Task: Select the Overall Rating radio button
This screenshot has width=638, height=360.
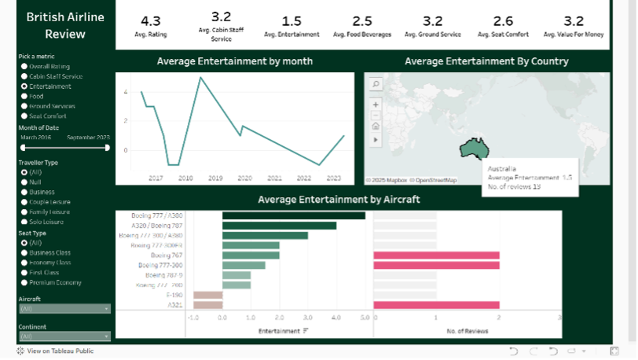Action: [24, 67]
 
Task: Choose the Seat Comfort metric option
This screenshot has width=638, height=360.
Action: [24, 116]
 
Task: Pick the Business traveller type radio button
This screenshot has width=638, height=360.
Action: [24, 192]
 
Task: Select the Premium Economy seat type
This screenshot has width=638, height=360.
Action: [24, 282]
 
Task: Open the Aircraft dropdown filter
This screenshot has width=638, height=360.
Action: [64, 309]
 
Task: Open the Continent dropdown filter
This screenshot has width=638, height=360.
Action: [64, 336]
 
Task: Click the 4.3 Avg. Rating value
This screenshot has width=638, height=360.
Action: [150, 20]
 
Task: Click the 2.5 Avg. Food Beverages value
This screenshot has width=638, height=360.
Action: [362, 20]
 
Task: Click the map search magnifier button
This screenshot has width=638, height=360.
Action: [376, 84]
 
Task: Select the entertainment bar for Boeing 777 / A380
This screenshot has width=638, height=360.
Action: [294, 215]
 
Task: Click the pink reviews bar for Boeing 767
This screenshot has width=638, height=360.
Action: [437, 255]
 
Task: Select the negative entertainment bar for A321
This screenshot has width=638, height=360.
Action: [208, 305]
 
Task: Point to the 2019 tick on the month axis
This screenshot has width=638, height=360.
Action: [214, 178]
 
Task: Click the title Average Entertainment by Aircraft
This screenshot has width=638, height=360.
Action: [339, 200]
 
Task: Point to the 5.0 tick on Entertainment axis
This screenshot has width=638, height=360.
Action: [365, 318]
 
